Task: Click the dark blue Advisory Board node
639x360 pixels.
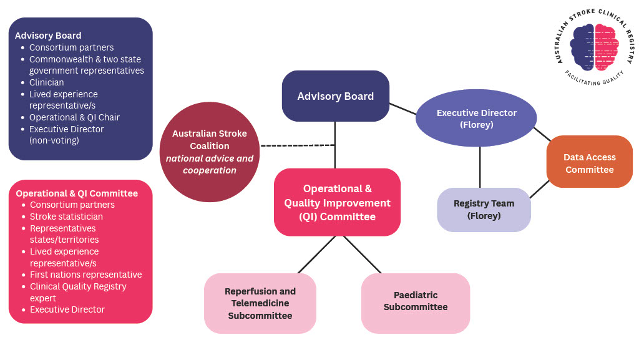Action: click(x=336, y=96)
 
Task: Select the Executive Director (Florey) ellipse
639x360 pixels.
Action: click(x=476, y=118)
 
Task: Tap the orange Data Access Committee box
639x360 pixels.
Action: click(x=589, y=163)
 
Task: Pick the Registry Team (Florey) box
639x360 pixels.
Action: click(x=484, y=210)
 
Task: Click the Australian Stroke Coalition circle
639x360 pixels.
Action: click(x=209, y=152)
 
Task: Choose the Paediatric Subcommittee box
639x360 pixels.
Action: click(x=415, y=302)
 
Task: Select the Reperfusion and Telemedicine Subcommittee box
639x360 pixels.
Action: click(x=260, y=303)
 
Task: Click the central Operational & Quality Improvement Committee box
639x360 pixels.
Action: click(x=337, y=202)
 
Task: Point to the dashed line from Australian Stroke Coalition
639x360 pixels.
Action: click(x=298, y=145)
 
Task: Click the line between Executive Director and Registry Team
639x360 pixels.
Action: click(x=480, y=167)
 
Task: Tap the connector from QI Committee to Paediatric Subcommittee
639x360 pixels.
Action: click(x=362, y=255)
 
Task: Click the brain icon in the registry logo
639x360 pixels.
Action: click(x=593, y=47)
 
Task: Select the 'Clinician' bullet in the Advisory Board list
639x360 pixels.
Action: click(x=46, y=82)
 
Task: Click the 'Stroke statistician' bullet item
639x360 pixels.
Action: click(x=66, y=216)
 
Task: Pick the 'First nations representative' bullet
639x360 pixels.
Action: click(x=85, y=275)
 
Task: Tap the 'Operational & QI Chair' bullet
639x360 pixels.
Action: click(x=74, y=117)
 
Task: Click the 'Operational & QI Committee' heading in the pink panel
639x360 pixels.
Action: click(x=77, y=193)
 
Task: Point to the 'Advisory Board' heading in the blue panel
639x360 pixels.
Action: click(x=48, y=36)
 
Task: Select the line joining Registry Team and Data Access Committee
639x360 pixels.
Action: click(x=539, y=189)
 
